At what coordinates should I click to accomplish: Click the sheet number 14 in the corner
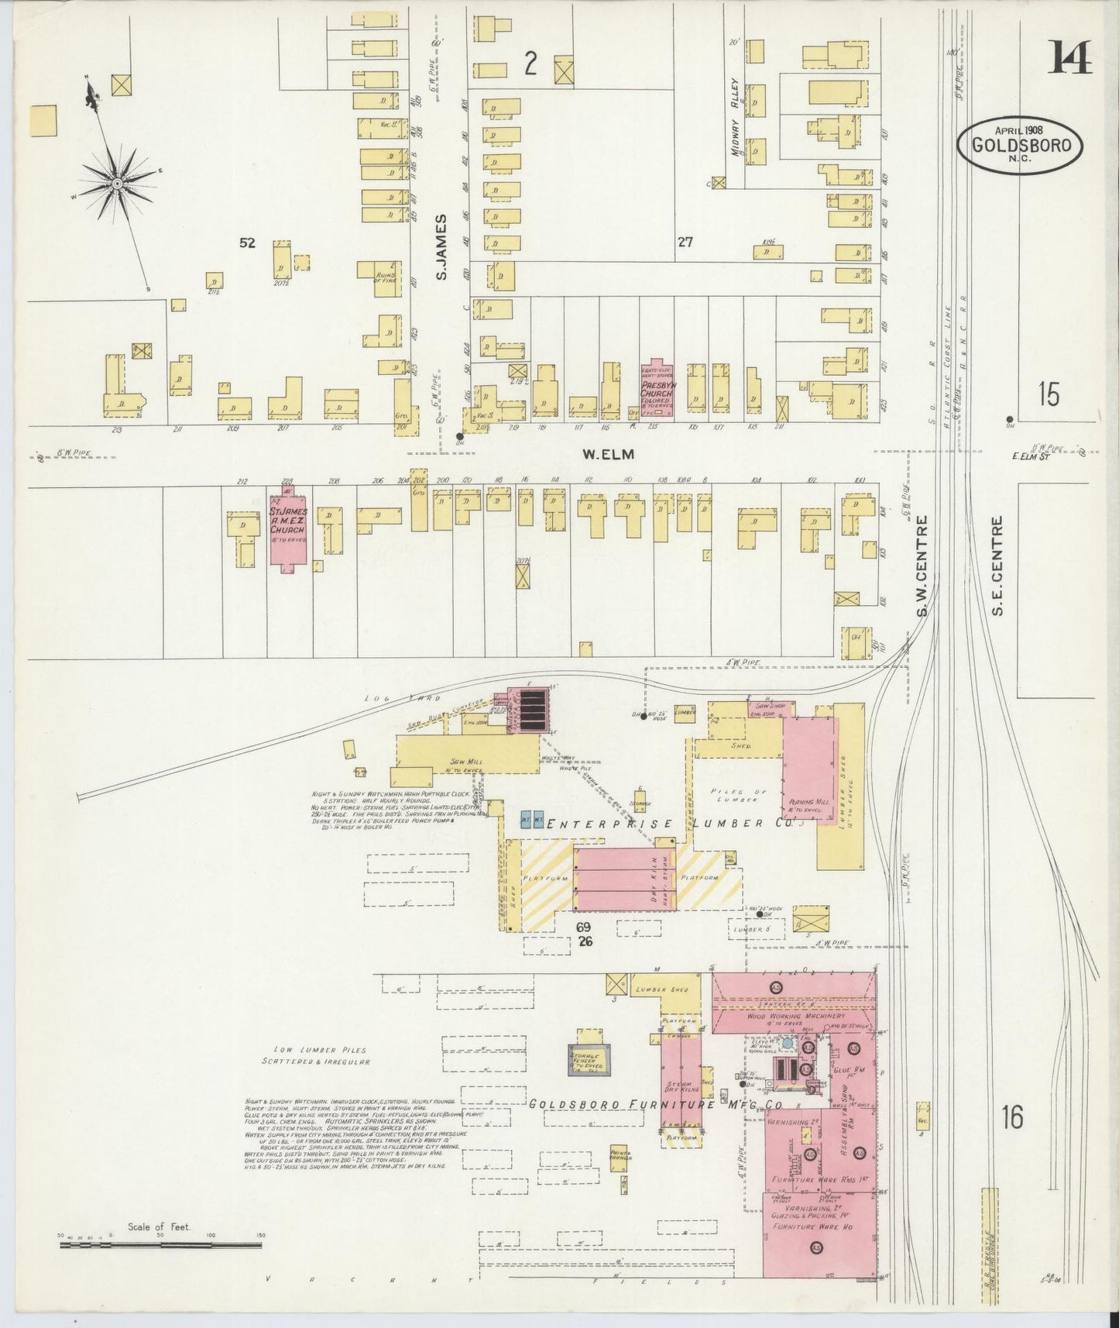coord(1071,57)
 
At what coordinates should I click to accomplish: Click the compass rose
coord(116,183)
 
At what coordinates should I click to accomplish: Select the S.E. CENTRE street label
coord(997,566)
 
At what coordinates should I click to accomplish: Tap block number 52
coord(247,243)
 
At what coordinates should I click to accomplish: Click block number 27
coord(685,243)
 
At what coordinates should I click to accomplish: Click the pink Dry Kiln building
coord(625,878)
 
